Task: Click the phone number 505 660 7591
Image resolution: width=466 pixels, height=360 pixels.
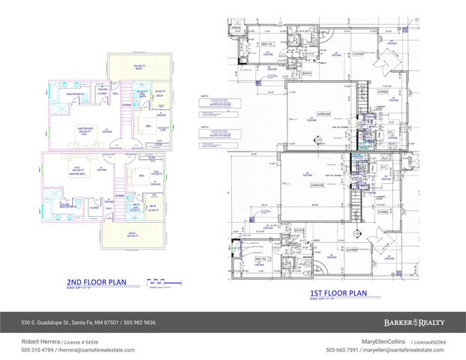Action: click(x=342, y=349)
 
